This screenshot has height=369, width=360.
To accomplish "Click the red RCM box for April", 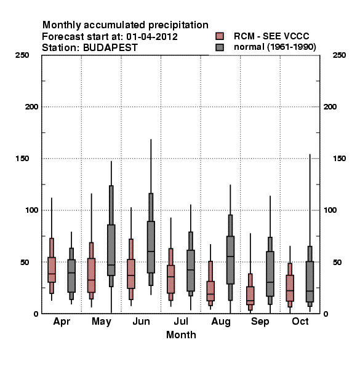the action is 52,270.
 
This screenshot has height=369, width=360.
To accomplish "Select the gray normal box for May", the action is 111,250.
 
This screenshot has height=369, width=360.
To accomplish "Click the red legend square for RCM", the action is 220,36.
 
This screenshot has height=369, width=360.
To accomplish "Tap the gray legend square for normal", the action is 220,47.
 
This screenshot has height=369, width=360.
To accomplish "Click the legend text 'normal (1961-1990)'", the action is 274,47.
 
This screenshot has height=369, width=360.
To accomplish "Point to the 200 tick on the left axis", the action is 31,107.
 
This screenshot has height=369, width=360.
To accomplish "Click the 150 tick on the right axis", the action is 340,159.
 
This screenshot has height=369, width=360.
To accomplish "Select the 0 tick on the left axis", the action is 36,314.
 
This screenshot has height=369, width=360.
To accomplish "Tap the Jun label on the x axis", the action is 141,322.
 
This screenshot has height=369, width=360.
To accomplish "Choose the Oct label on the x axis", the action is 300,322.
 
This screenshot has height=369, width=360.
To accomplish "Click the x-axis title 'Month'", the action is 181,335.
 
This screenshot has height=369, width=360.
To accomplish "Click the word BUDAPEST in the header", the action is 110,47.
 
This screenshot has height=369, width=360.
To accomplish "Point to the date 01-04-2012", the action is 152,36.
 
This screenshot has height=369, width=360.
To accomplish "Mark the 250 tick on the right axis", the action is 340,55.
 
